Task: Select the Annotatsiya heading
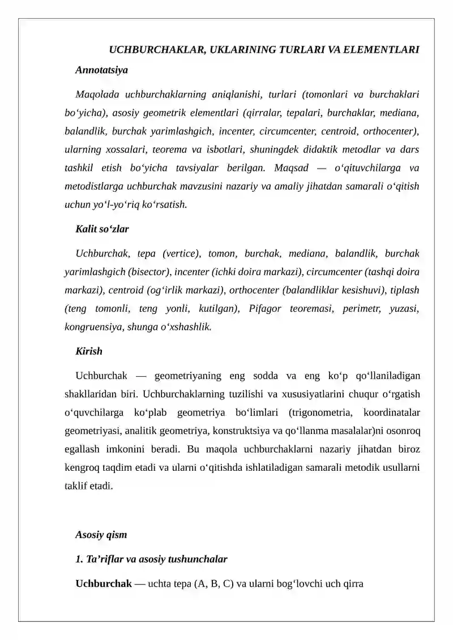click(x=101, y=70)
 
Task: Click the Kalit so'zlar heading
click(x=102, y=229)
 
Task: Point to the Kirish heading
click(x=89, y=351)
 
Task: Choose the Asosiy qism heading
click(x=101, y=535)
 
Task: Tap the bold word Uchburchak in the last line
click(x=104, y=583)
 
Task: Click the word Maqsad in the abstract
click(x=291, y=168)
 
